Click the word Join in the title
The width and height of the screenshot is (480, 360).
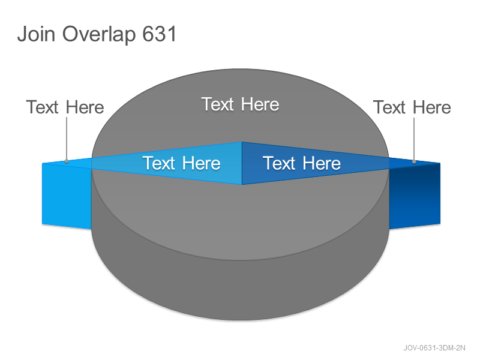pyautogui.click(x=36, y=34)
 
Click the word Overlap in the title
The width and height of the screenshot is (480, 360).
pyautogui.click(x=99, y=35)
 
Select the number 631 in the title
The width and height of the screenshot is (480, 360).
pyautogui.click(x=160, y=34)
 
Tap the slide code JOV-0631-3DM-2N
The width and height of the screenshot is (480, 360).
pyautogui.click(x=434, y=348)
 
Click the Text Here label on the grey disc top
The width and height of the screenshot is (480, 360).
pyautogui.click(x=241, y=104)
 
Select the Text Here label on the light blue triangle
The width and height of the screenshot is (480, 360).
pyautogui.click(x=182, y=163)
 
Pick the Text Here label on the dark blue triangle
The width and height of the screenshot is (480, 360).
pyautogui.click(x=302, y=163)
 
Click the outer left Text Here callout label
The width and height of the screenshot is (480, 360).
pyautogui.click(x=65, y=107)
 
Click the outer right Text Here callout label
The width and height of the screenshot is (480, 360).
pyautogui.click(x=412, y=107)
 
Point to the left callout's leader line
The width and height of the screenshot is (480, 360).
pyautogui.click(x=67, y=139)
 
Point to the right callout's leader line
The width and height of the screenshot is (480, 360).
pyautogui.click(x=414, y=139)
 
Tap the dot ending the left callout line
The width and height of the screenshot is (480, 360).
pyautogui.click(x=67, y=161)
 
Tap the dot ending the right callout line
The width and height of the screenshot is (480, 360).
pyautogui.click(x=414, y=161)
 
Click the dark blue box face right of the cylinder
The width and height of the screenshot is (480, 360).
pyautogui.click(x=415, y=196)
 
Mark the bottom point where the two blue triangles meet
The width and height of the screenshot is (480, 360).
pyautogui.click(x=242, y=185)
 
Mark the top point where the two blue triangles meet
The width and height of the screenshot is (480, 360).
pyautogui.click(x=242, y=142)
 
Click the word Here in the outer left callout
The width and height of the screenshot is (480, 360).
pyautogui.click(x=85, y=107)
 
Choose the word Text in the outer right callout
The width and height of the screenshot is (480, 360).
pyautogui.click(x=389, y=107)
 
